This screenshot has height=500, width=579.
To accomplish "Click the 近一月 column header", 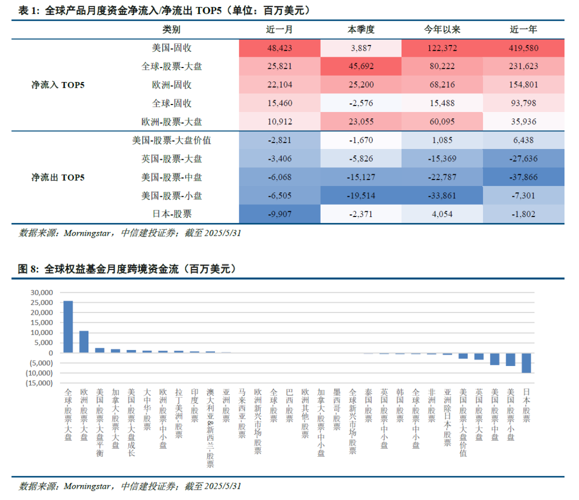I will [279, 29].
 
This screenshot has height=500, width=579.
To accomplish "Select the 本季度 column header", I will [361, 29].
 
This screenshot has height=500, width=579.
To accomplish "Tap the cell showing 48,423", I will [279, 48].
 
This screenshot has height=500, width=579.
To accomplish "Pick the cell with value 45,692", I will [361, 66].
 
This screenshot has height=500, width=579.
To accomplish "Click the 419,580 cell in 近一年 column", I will [523, 48].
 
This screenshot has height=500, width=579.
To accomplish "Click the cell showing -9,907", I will [279, 214].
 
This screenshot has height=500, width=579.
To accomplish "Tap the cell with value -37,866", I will [523, 177].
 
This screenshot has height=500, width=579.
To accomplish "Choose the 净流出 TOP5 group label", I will [58, 177].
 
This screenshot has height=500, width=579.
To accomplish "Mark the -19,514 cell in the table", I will [361, 196].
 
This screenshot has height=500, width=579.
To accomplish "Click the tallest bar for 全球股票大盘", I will [68, 326].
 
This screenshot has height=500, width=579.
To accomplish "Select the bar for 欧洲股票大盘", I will [84, 341].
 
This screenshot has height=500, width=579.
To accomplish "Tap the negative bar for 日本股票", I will [526, 363].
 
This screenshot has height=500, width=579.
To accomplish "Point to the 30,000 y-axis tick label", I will [42, 293].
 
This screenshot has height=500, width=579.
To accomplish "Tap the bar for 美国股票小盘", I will [510, 359].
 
